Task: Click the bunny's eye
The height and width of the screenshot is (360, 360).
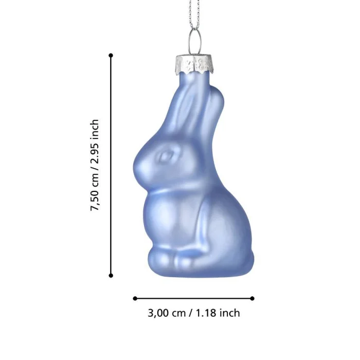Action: [x=166, y=156]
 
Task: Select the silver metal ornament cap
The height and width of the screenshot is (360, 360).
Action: [x=194, y=64]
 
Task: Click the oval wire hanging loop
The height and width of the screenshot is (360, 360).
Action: [x=195, y=41]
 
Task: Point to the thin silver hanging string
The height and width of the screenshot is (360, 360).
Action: [x=194, y=14]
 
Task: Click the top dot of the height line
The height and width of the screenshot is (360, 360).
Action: [x=111, y=56]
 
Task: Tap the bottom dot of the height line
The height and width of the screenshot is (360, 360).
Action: [x=111, y=275]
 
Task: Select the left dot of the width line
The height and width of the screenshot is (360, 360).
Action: [x=135, y=298]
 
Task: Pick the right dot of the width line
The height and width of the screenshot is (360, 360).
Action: [x=253, y=298]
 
